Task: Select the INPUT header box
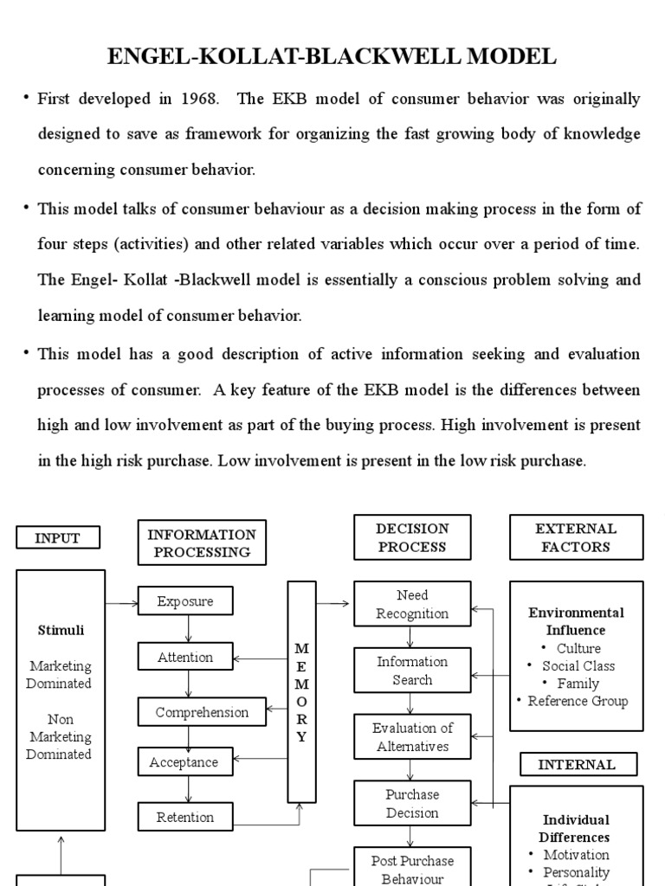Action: click(57, 538)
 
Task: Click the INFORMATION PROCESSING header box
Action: click(202, 543)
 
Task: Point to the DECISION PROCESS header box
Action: click(412, 537)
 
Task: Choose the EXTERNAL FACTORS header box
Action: click(576, 537)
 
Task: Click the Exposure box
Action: click(185, 601)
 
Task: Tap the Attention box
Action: click(185, 658)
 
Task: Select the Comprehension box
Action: click(202, 713)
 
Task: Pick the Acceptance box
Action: click(184, 762)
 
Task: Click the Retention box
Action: click(185, 817)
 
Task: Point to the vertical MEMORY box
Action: click(301, 691)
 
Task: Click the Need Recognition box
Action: click(412, 605)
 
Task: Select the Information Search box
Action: click(412, 671)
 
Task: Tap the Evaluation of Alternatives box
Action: click(412, 737)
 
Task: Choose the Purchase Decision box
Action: click(412, 804)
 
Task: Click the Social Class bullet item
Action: click(578, 666)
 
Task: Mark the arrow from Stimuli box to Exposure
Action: click(121, 601)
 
